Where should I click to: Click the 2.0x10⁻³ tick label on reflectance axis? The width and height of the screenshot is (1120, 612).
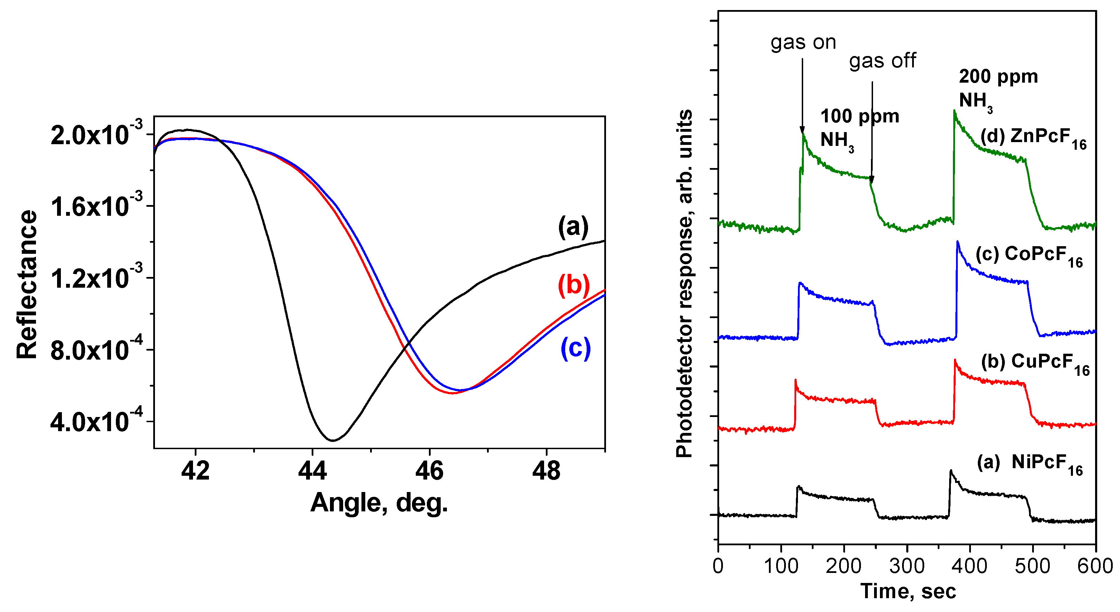pyautogui.click(x=96, y=135)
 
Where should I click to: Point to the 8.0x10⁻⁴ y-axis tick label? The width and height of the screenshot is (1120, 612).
pyautogui.click(x=96, y=350)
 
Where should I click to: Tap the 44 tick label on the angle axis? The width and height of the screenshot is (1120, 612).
pyautogui.click(x=312, y=472)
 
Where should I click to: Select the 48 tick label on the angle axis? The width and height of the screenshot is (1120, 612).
pyautogui.click(x=546, y=472)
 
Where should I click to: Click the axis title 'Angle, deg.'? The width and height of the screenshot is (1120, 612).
pyautogui.click(x=379, y=503)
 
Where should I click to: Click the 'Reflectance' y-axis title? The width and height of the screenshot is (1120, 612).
pyautogui.click(x=27, y=285)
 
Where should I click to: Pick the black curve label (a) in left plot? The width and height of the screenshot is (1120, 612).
pyautogui.click(x=573, y=227)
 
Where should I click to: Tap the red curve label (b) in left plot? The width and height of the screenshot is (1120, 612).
pyautogui.click(x=573, y=286)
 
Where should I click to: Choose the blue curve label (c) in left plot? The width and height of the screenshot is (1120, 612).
pyautogui.click(x=575, y=348)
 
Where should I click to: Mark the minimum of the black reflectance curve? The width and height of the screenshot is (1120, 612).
pyautogui.click(x=333, y=440)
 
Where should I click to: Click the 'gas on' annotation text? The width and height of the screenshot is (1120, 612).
pyautogui.click(x=803, y=43)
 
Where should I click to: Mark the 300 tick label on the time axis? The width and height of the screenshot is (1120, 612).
pyautogui.click(x=907, y=566)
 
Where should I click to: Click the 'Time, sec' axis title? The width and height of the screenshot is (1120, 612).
pyautogui.click(x=908, y=592)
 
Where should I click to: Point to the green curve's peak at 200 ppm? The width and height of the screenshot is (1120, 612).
pyautogui.click(x=954, y=111)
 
